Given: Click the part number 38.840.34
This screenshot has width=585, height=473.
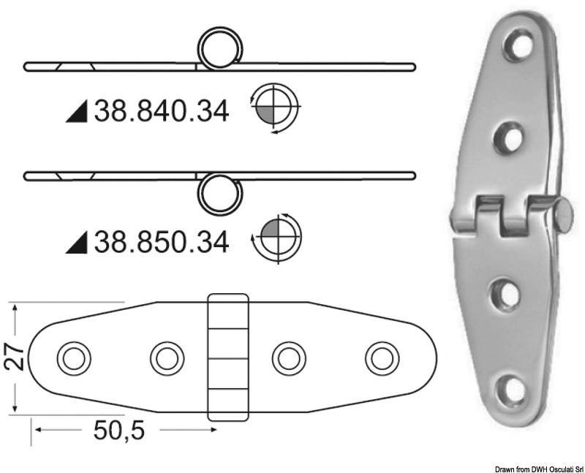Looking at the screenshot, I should click(161, 111).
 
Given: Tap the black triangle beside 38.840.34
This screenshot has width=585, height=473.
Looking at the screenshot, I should click(76, 113).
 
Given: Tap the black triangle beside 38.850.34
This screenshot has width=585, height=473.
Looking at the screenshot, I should click(76, 243).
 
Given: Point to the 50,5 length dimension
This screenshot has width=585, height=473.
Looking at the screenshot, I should click(119, 431).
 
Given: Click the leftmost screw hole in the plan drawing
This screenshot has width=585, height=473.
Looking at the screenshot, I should click(74, 358).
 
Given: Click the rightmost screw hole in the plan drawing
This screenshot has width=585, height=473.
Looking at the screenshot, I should click(381, 358).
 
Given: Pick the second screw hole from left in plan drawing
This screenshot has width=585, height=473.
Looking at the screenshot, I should click(167, 358).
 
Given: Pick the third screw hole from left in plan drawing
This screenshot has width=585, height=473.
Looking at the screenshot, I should click(288, 358).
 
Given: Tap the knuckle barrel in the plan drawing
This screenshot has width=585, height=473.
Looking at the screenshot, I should click(227, 357).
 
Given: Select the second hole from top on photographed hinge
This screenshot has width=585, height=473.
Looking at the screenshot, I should click(510, 137).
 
